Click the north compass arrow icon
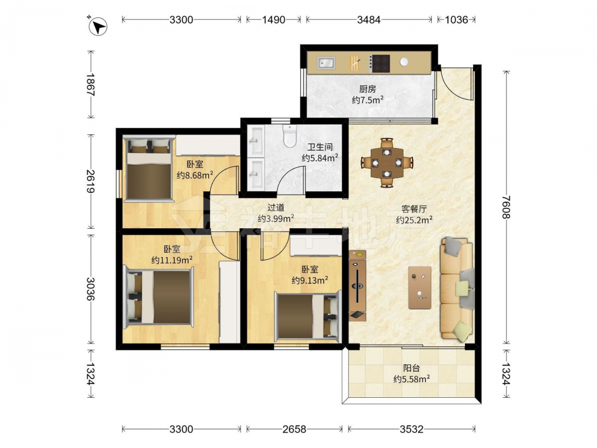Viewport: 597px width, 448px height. (x=98, y=27)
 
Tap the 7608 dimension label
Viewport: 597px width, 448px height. (x=506, y=207)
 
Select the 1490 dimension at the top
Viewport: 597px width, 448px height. (x=273, y=20)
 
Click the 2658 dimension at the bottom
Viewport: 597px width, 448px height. (x=294, y=429)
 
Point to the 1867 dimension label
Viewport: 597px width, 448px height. (x=90, y=84)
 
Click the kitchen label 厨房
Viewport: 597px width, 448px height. (x=367, y=89)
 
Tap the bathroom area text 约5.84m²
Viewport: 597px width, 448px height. (x=320, y=158)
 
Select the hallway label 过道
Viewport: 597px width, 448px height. (x=276, y=208)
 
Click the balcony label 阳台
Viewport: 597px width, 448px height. (x=411, y=369)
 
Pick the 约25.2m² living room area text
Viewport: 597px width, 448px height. (x=414, y=220)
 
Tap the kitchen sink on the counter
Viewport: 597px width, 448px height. (x=327, y=63)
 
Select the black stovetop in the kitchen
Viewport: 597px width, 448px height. (x=380, y=64)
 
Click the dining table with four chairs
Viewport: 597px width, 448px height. (x=387, y=162)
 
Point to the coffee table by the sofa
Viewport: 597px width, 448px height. (x=420, y=288)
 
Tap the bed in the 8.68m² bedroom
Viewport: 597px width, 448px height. (x=149, y=168)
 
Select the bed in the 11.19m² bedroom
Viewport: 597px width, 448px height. (x=158, y=297)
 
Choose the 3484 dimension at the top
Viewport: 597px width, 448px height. (x=368, y=20)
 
